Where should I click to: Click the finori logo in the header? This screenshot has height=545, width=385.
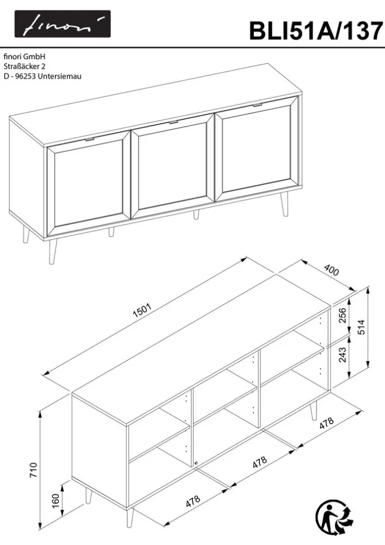pyautogui.click(x=63, y=24)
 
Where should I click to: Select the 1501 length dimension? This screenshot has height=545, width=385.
pyautogui.click(x=142, y=311)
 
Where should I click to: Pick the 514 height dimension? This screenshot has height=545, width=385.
pyautogui.click(x=361, y=327)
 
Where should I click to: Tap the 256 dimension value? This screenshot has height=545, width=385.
pyautogui.click(x=343, y=315)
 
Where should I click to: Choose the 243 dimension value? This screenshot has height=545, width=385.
pyautogui.click(x=343, y=354)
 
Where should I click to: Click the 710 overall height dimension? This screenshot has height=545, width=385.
pyautogui.click(x=33, y=470)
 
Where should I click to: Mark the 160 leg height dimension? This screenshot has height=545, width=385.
pyautogui.click(x=55, y=500)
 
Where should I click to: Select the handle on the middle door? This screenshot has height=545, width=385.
pyautogui.click(x=173, y=122)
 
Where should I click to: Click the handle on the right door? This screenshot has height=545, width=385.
pyautogui.click(x=258, y=105)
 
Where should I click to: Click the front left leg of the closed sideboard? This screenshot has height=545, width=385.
pyautogui.click(x=53, y=252)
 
